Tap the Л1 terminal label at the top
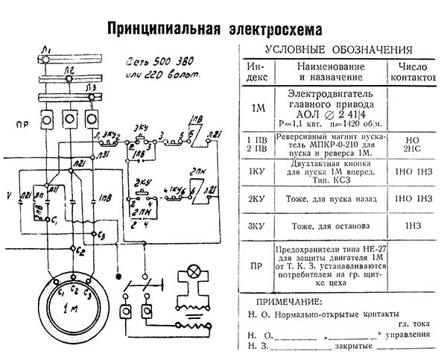point(47,49)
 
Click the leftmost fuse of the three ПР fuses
point(47,119)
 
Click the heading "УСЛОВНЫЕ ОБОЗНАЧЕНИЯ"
point(343,50)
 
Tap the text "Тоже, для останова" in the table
point(329,225)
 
